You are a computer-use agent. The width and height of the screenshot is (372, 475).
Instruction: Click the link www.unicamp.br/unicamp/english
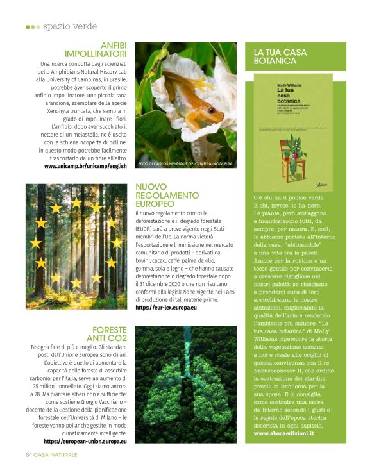pos(85,166)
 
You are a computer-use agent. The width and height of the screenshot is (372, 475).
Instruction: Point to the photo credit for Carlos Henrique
pos(185,164)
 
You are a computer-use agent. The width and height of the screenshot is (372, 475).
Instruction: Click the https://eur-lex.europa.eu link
pos(166,308)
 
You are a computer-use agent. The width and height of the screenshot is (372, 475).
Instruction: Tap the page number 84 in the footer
pos(29,454)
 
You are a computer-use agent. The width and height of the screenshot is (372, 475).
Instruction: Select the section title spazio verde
pos(70,26)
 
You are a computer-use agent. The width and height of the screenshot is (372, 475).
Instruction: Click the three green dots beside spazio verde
pos(31,27)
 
